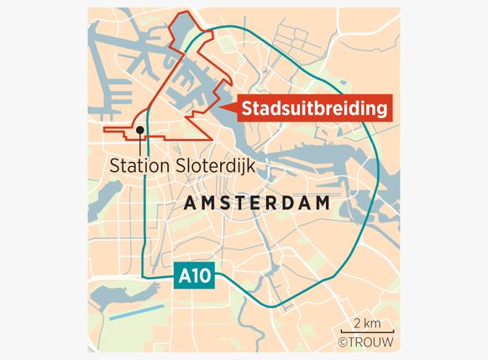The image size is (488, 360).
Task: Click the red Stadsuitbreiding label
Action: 317,108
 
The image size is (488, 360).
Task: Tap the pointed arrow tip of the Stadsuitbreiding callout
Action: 218,108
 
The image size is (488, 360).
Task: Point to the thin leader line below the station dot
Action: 139,144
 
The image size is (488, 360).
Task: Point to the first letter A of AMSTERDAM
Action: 188,204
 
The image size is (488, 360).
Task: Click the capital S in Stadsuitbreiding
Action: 249,108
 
